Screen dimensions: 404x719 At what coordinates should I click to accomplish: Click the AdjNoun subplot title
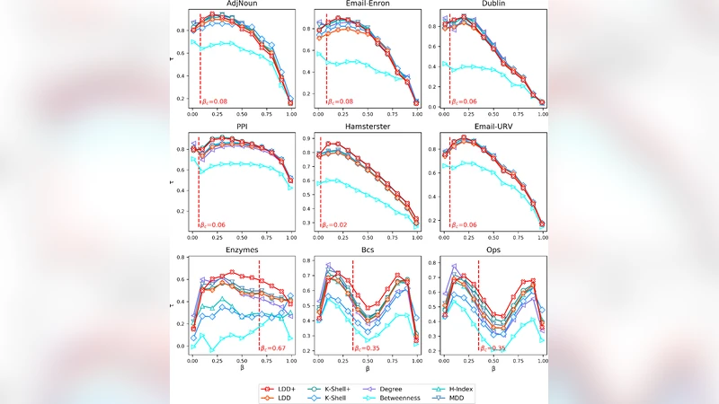[x=242, y=4]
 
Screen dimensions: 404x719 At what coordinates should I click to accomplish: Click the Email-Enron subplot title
[x=367, y=4]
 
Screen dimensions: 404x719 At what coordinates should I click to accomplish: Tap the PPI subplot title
[x=242, y=127]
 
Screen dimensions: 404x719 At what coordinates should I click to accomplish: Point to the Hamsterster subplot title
[x=367, y=127]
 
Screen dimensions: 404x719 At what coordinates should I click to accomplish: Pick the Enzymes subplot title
[x=242, y=253]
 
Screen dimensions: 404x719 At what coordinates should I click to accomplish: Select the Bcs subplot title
[x=367, y=253]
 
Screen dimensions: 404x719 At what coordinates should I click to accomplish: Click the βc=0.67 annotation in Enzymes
[x=273, y=347]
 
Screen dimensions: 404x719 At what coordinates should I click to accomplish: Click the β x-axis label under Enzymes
[x=242, y=367]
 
